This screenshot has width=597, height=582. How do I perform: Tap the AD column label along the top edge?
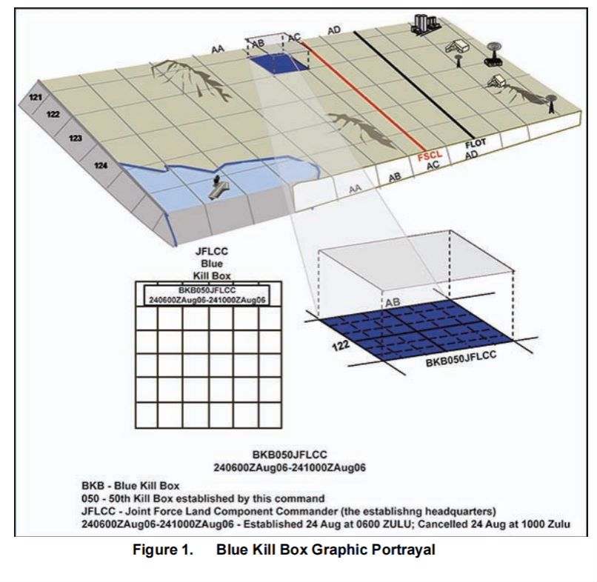tap(334, 30)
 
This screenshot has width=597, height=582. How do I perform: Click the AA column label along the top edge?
tap(218, 49)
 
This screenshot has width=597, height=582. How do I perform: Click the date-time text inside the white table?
tap(207, 300)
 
